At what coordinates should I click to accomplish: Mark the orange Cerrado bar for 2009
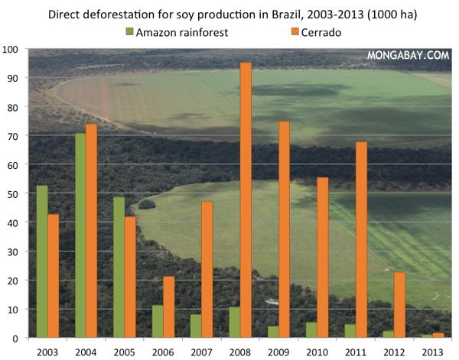coord(284,229)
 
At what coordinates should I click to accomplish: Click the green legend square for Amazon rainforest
coord(129,31)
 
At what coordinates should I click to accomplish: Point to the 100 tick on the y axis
coord(11,50)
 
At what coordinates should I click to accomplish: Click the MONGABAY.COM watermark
coord(408,56)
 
